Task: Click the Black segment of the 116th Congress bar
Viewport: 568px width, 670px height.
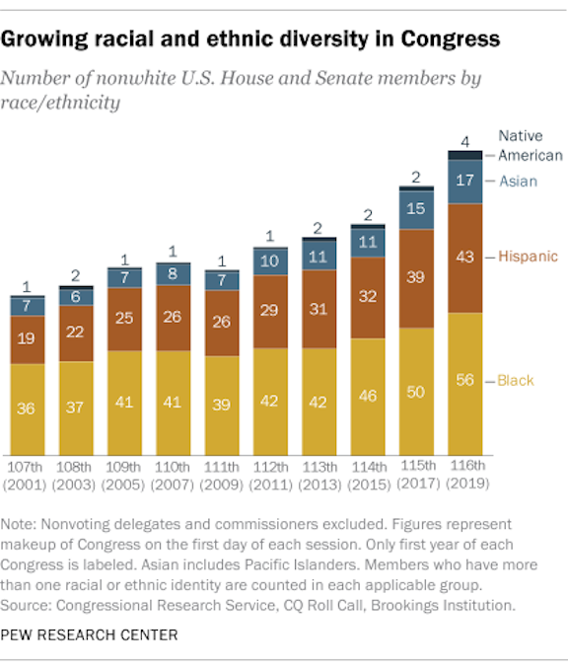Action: (x=464, y=383)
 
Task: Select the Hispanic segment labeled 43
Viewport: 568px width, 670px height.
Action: (x=464, y=258)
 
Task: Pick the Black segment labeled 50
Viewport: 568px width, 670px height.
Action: (x=416, y=392)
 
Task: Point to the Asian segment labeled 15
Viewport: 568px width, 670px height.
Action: (x=416, y=209)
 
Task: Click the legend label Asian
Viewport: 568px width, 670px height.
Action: (x=518, y=181)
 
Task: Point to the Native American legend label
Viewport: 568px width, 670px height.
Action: (x=530, y=145)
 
